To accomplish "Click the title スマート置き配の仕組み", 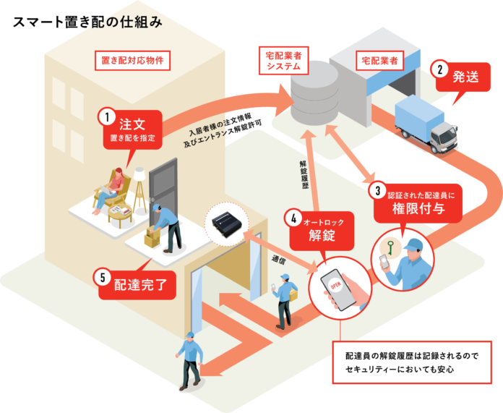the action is pyautogui.click(x=87, y=22).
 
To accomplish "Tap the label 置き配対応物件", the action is pyautogui.click(x=132, y=60).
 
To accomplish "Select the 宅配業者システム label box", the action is pyautogui.click(x=283, y=61).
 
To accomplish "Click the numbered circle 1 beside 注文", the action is pyautogui.click(x=107, y=118).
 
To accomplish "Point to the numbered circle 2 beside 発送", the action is pyautogui.click(x=440, y=69).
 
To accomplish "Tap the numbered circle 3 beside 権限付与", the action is pyautogui.click(x=377, y=190).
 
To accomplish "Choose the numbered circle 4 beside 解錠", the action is pyautogui.click(x=293, y=218).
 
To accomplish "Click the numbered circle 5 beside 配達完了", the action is pyautogui.click(x=103, y=278).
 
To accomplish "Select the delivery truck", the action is pyautogui.click(x=426, y=124).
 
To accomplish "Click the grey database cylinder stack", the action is pyautogui.click(x=314, y=93).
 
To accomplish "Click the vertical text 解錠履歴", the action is pyautogui.click(x=304, y=174).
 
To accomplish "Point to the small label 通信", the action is pyautogui.click(x=278, y=260).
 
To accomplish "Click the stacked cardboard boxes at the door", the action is pyautogui.click(x=152, y=237).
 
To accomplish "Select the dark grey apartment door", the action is pyautogui.click(x=163, y=192).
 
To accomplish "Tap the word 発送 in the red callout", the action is pyautogui.click(x=465, y=77).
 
